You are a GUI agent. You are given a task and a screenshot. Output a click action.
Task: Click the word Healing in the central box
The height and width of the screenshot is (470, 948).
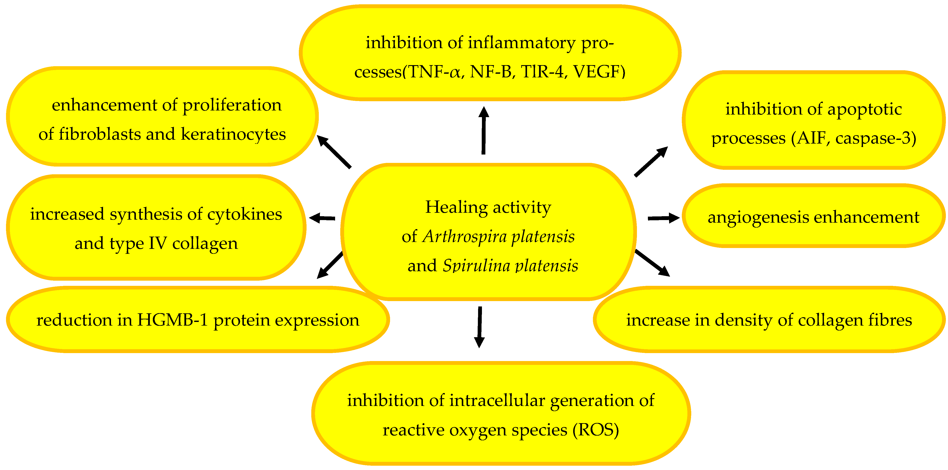[457, 207]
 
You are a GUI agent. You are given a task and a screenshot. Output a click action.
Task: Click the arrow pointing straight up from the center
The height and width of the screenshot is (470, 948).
[484, 130]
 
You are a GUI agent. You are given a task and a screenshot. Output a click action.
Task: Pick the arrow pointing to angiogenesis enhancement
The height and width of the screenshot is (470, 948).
[663, 218]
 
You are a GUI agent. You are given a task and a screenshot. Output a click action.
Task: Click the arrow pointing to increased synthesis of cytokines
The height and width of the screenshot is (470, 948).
[322, 218]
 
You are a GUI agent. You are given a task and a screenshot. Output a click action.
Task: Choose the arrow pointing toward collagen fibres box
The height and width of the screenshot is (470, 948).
[652, 263]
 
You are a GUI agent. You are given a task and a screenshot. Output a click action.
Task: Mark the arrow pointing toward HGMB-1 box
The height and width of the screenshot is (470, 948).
[330, 265]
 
